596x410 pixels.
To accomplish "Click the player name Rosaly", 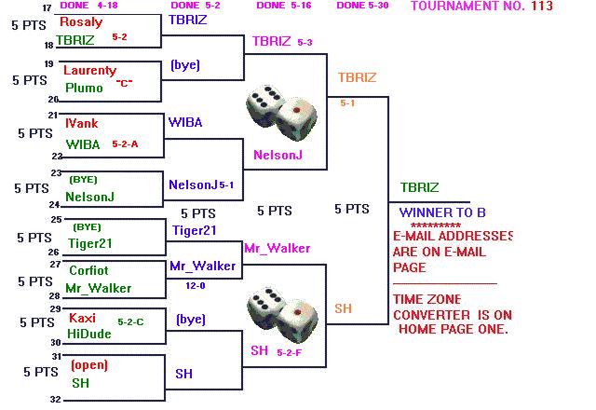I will [80, 21].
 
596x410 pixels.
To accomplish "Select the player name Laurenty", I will [89, 70].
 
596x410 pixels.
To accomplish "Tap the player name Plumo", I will [83, 89].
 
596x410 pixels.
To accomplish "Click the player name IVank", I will [82, 123].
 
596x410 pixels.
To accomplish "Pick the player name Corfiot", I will [88, 270].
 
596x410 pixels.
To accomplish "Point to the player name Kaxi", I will [82, 318].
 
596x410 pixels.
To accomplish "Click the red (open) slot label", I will [89, 364].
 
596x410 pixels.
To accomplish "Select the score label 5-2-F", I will [289, 351].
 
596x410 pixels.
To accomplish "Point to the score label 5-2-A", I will [125, 144].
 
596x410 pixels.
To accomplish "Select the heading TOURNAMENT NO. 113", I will [481, 7].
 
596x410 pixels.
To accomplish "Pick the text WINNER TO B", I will [442, 212].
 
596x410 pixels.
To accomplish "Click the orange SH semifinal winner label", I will [344, 308].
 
